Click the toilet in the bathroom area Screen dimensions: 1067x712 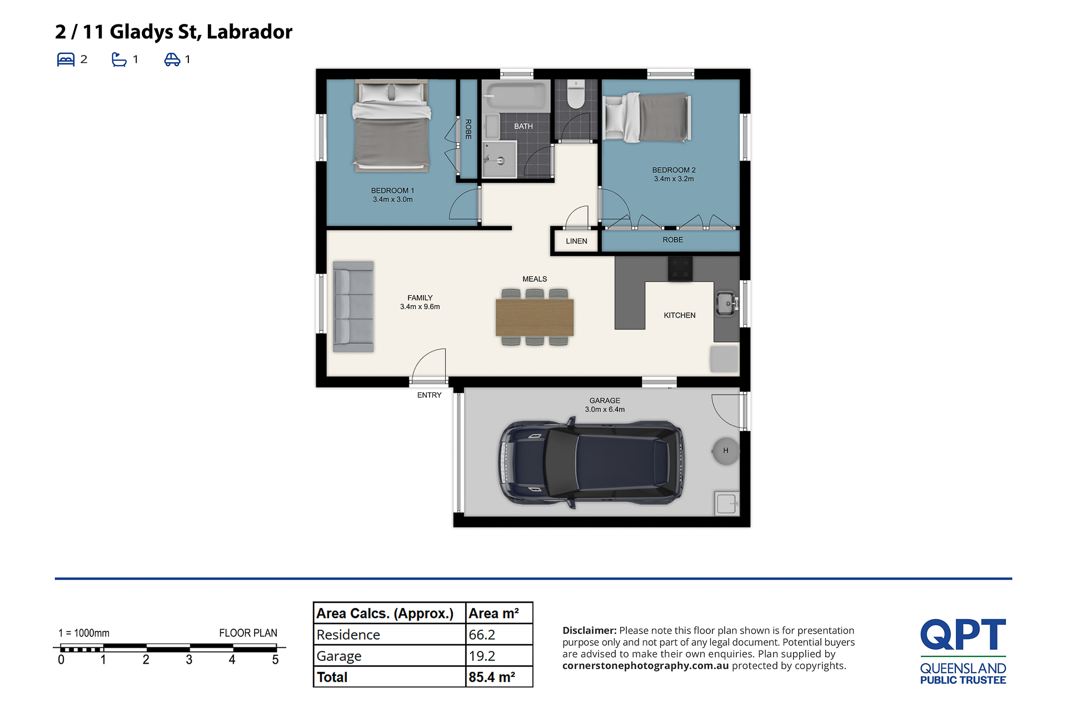pyautogui.click(x=576, y=94)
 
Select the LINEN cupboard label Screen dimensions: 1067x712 pyautogui.click(x=576, y=241)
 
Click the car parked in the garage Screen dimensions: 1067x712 pyautogui.click(x=591, y=462)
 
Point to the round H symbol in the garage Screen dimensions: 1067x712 pyautogui.click(x=726, y=451)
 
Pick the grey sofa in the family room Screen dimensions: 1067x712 pyautogui.click(x=353, y=306)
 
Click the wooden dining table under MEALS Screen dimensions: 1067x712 pyautogui.click(x=535, y=317)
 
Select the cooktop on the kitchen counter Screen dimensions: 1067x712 pyautogui.click(x=680, y=268)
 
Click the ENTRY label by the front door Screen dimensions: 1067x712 pyautogui.click(x=429, y=395)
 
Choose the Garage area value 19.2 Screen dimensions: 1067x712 pyautogui.click(x=482, y=656)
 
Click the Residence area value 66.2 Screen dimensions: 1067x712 pyautogui.click(x=482, y=635)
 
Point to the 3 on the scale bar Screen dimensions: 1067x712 pyautogui.click(x=189, y=660)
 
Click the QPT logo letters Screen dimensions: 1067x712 pyautogui.click(x=963, y=634)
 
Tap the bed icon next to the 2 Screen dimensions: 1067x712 pyautogui.click(x=66, y=59)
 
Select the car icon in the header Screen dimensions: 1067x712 pyautogui.click(x=172, y=59)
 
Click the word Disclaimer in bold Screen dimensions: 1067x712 pyautogui.click(x=590, y=630)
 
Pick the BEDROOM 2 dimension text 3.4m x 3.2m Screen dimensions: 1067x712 pyautogui.click(x=674, y=179)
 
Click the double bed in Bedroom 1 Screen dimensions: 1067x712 pyautogui.click(x=392, y=125)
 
